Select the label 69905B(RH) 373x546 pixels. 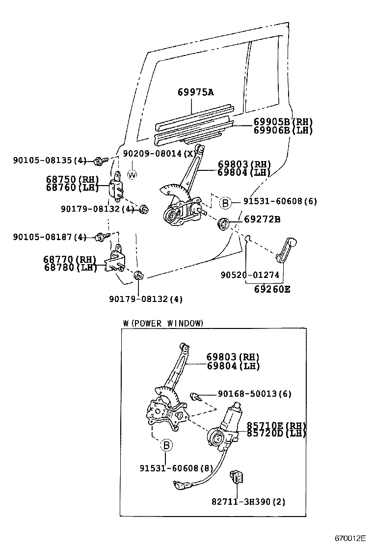[283, 122]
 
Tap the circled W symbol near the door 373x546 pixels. [132, 174]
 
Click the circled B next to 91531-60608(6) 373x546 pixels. [224, 202]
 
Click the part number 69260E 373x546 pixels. [272, 289]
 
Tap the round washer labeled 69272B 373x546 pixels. [224, 224]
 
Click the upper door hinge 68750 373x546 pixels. [117, 188]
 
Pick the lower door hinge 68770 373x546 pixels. [116, 260]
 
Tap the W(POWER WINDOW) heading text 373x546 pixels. [163, 323]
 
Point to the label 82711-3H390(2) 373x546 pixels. [248, 501]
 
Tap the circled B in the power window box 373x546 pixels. [166, 445]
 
